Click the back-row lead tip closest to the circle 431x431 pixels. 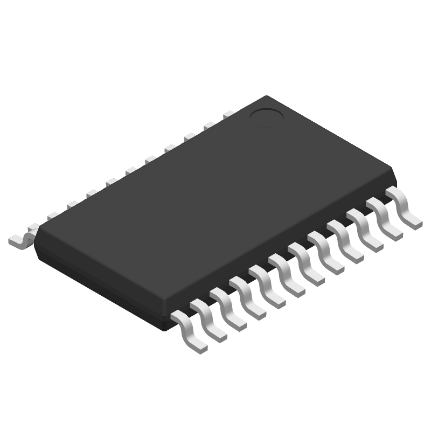228,114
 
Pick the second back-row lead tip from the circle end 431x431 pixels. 209,126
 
